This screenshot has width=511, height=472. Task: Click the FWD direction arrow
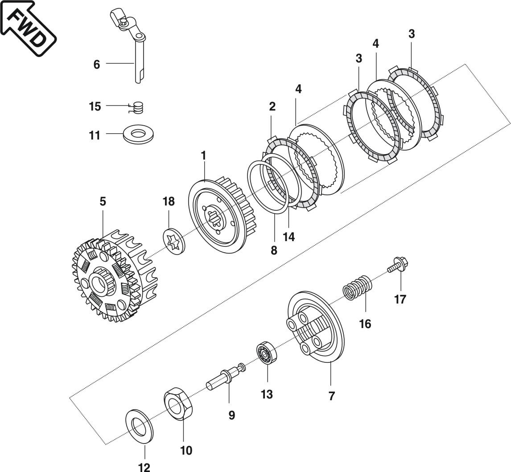pos(28,28)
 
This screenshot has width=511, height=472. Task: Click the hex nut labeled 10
pos(178,403)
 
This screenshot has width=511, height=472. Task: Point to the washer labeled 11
pos(139,134)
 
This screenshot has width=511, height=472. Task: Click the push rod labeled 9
pos(223,379)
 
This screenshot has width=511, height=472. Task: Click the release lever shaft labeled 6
pos(138,62)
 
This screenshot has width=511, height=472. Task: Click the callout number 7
pos(331,396)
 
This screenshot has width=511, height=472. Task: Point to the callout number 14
pos(288,236)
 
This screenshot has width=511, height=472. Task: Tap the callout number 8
pos(273,250)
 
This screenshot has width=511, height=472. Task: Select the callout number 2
pos(272,107)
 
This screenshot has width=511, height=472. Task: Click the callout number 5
pos(103,201)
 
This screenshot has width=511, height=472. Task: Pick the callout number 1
pos(203,156)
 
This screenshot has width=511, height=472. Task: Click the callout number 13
pos(267,394)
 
